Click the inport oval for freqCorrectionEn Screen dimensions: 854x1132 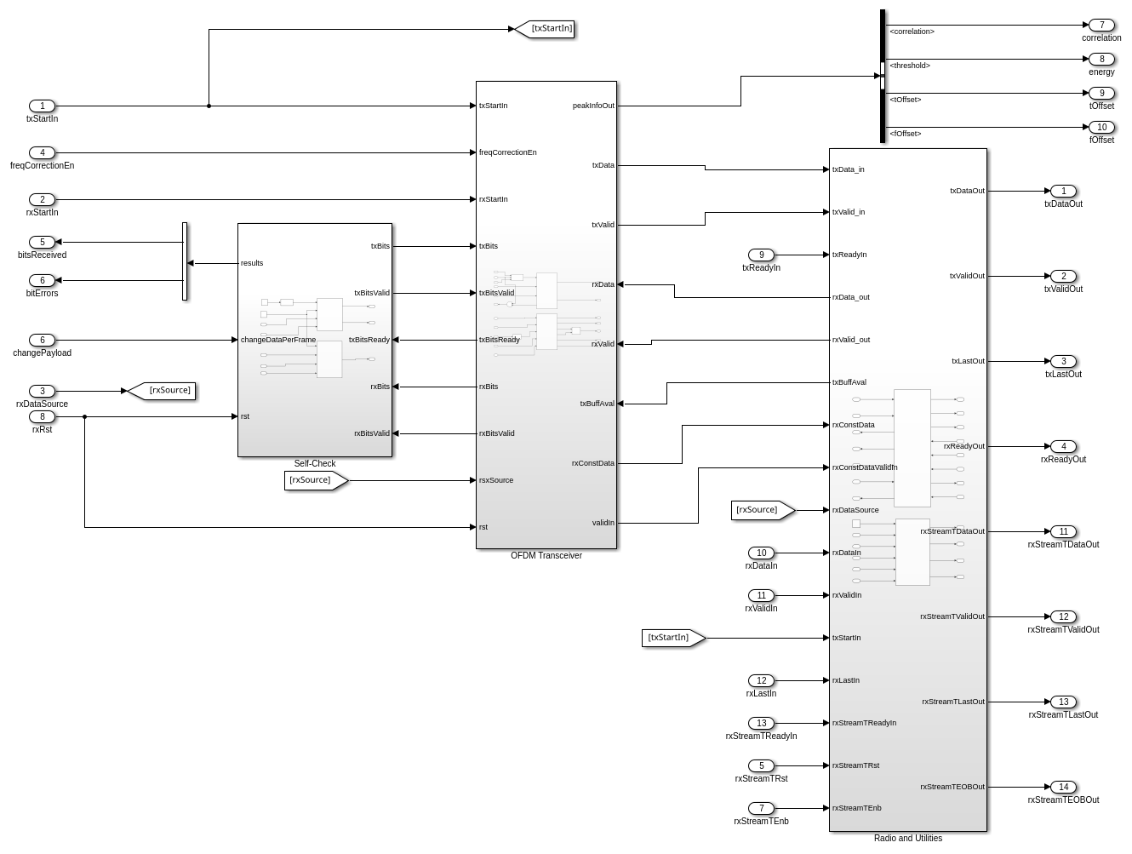(x=42, y=152)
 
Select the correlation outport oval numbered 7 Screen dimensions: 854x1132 (x=1101, y=26)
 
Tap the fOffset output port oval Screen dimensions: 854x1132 (x=1101, y=128)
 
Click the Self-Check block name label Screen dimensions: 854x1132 (x=315, y=464)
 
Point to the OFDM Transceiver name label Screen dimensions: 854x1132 (x=546, y=556)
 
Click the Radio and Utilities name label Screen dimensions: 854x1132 (x=907, y=839)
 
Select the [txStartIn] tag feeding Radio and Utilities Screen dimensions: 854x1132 (x=672, y=638)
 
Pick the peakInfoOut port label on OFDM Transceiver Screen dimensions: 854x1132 (x=593, y=106)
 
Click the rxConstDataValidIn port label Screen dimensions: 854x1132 (x=865, y=467)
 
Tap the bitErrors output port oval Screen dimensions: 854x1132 (x=42, y=280)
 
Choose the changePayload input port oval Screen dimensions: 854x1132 (x=42, y=340)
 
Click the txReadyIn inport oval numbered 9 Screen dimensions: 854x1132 (x=761, y=255)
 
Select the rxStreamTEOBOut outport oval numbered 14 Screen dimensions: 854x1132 (x=1063, y=787)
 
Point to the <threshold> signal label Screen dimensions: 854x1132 (x=910, y=66)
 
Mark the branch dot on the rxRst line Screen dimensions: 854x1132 (x=84, y=416)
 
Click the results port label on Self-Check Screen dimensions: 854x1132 (x=252, y=263)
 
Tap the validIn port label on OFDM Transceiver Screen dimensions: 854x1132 (x=603, y=523)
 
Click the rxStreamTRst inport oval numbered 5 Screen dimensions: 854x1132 (x=761, y=765)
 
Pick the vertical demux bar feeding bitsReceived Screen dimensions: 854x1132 (x=185, y=261)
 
